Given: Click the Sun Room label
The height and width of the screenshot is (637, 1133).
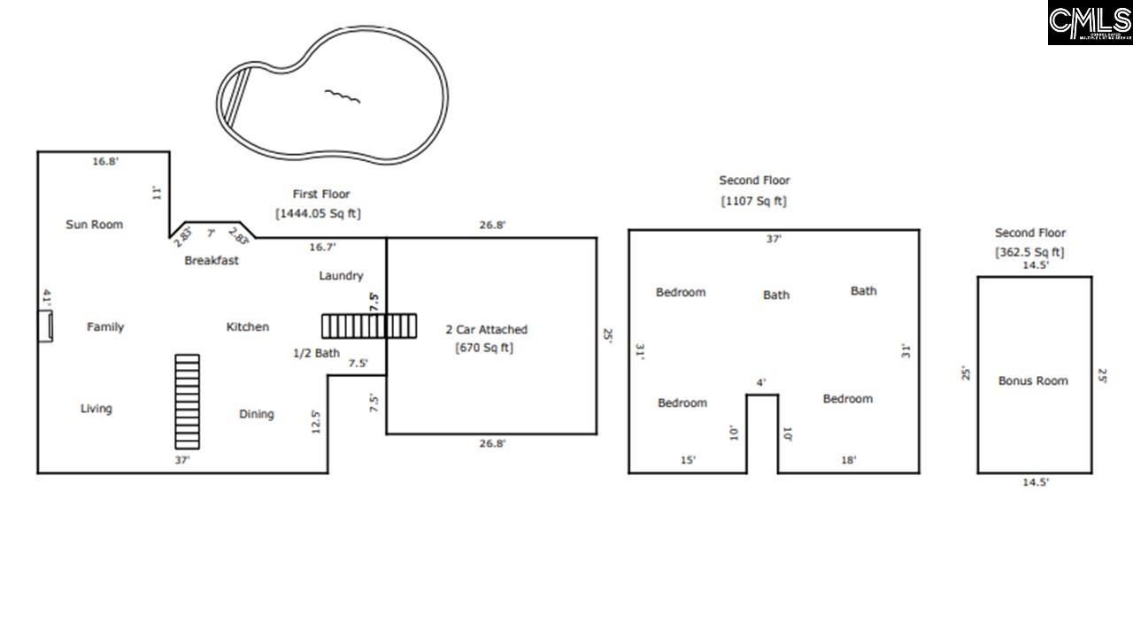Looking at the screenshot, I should [94, 225].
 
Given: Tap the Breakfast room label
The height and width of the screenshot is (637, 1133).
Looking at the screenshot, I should [212, 260].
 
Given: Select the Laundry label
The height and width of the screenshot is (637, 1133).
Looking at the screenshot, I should [341, 276].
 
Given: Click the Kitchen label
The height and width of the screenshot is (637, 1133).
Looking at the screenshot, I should [248, 327].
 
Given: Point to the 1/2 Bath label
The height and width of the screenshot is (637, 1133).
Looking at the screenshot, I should [316, 354].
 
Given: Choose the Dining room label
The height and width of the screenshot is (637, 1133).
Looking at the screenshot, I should [257, 414].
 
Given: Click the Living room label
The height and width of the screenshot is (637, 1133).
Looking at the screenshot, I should [96, 409].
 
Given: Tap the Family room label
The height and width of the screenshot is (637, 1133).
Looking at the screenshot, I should [105, 327].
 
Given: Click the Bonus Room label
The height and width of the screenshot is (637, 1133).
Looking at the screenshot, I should [1033, 381].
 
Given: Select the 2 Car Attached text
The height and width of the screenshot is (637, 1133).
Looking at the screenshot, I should [486, 330].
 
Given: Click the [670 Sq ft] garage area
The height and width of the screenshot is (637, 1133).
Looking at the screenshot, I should [484, 348].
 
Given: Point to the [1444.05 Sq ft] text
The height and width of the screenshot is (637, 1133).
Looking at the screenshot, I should [319, 214].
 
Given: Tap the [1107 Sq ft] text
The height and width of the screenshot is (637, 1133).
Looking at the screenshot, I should [754, 201].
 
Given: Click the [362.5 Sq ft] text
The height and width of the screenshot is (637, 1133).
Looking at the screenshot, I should [1029, 252].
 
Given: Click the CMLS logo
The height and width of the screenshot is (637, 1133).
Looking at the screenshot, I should [1090, 23].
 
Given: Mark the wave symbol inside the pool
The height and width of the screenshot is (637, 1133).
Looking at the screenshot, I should [343, 96].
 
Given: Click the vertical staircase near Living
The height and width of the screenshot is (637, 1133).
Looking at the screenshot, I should [187, 402].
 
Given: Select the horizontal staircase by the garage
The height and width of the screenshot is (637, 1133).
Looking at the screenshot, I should [368, 326].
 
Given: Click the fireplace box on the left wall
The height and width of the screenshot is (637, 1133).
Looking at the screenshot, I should [44, 326].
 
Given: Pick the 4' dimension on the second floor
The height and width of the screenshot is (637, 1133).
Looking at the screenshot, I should [761, 383].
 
